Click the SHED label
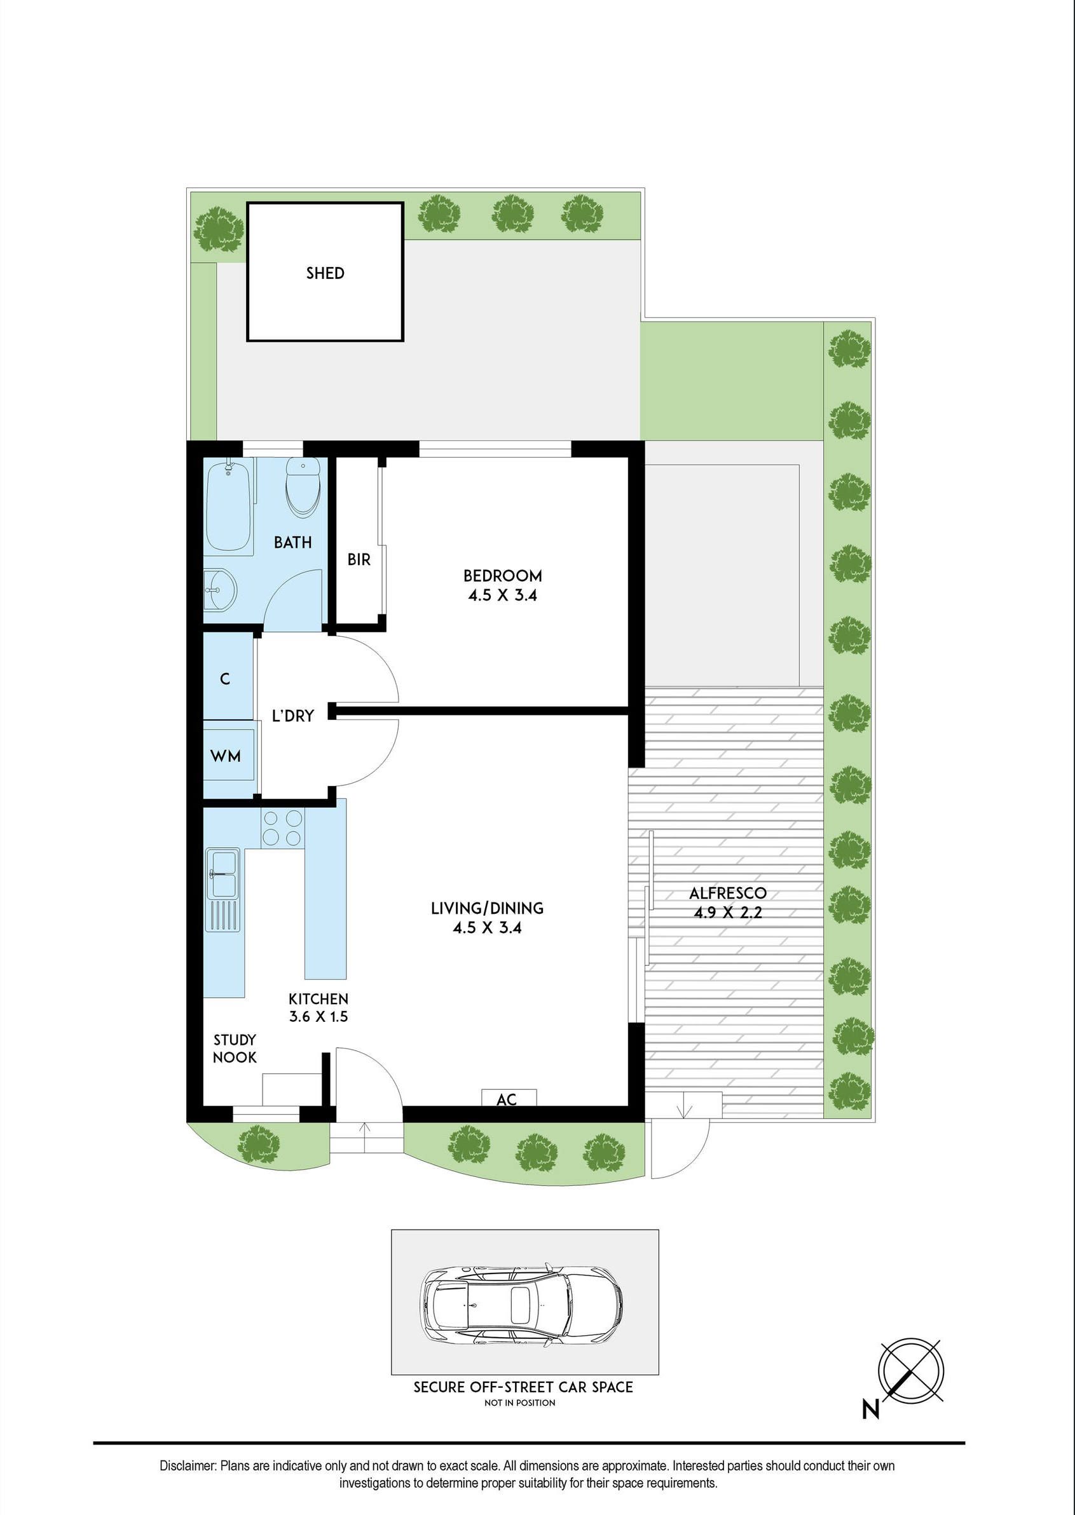tap(325, 273)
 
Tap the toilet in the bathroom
tap(303, 488)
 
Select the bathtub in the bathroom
tap(228, 505)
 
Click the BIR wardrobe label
tap(359, 560)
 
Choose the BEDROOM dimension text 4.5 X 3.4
tap(502, 595)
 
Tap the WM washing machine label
tap(226, 756)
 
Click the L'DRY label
tap(292, 715)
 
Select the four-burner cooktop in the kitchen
tap(284, 828)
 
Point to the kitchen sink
tap(223, 874)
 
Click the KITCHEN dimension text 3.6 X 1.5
tap(318, 1016)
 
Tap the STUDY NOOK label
tap(235, 1049)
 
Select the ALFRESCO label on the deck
tap(727, 893)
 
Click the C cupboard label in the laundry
tap(225, 679)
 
